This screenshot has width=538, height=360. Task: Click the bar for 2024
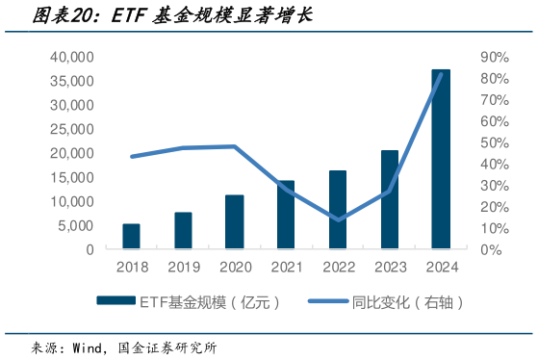(x=441, y=160)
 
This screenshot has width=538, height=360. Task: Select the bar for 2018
(x=131, y=237)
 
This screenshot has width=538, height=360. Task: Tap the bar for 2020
(x=234, y=222)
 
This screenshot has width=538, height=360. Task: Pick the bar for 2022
(x=338, y=210)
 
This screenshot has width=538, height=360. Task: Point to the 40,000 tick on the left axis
(x=72, y=58)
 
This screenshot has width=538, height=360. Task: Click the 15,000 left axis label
(x=72, y=177)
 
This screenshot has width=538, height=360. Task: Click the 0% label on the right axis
(x=490, y=249)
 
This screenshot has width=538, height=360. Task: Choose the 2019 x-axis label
(x=183, y=267)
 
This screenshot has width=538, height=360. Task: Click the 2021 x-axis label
(x=286, y=267)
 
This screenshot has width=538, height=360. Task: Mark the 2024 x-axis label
(x=441, y=267)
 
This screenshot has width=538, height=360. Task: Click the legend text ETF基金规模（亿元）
(x=210, y=302)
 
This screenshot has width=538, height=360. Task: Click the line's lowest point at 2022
(x=338, y=219)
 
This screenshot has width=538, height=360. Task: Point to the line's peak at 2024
(x=441, y=74)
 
